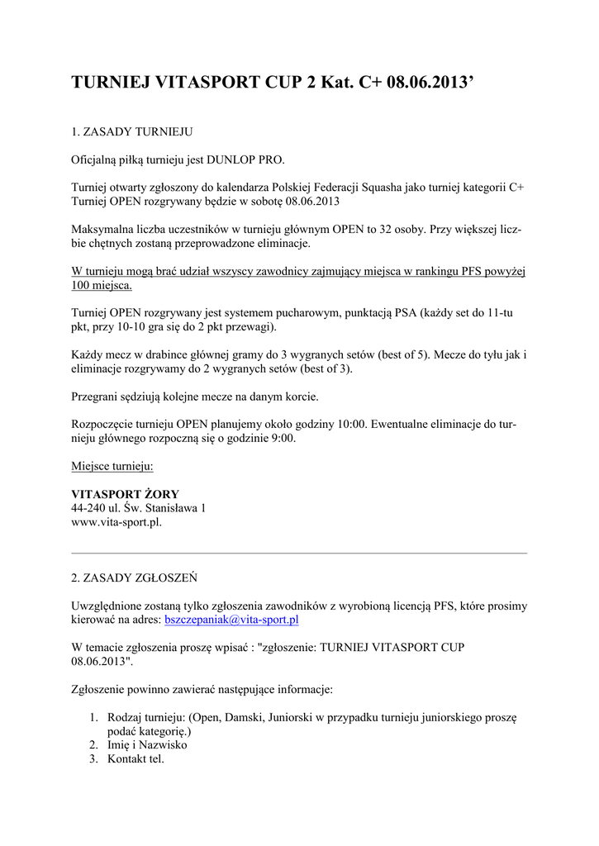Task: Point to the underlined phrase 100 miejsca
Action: (102, 285)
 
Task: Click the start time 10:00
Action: (350, 425)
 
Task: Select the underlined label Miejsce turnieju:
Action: (112, 467)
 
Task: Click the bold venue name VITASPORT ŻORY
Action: (126, 494)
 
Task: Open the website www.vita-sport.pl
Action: (116, 522)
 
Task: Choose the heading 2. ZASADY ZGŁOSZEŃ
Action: (134, 577)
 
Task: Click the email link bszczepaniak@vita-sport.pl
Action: (231, 619)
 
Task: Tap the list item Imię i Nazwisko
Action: (147, 744)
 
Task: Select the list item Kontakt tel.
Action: (135, 758)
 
